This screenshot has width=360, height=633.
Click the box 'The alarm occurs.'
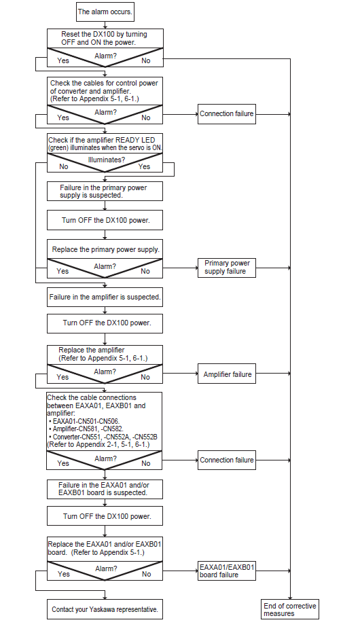[x=105, y=12]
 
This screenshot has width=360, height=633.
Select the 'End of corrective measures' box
[x=290, y=609]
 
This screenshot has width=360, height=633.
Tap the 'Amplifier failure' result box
[x=227, y=374]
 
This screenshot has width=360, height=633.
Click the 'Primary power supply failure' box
[x=227, y=268]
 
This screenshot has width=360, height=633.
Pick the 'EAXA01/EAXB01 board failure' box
[x=227, y=571]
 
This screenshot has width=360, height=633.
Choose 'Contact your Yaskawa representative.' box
[x=105, y=610]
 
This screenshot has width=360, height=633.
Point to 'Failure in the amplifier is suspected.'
[x=105, y=297]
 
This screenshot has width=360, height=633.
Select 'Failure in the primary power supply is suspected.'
[x=105, y=192]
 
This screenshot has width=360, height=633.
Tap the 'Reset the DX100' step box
[x=105, y=38]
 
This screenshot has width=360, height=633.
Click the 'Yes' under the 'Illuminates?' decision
[x=144, y=166]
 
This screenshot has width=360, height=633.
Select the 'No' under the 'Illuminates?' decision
[x=63, y=166]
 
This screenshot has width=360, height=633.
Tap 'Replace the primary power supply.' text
[x=105, y=249]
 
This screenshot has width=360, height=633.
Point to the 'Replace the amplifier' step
[x=105, y=355]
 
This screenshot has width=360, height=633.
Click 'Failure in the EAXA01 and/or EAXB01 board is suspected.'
[x=105, y=489]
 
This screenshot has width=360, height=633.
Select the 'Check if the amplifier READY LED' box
[x=105, y=144]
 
